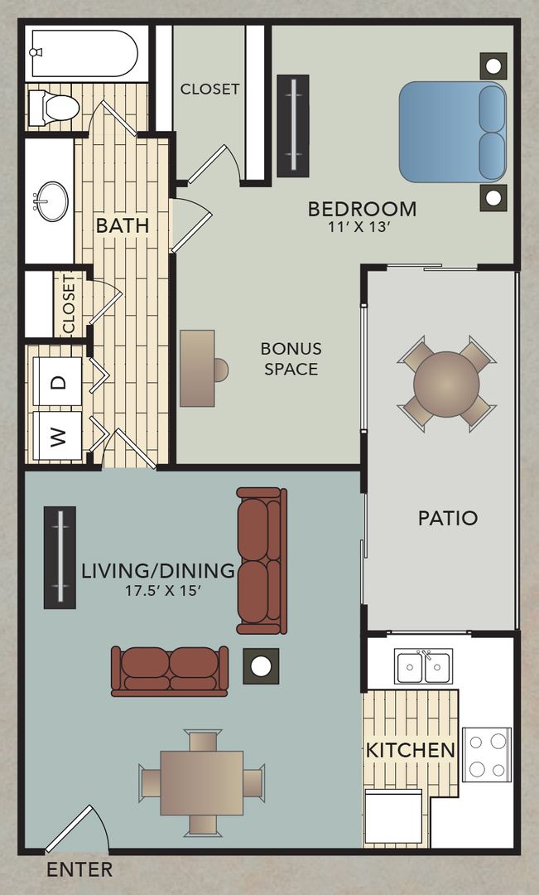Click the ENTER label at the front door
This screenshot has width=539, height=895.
tap(79, 870)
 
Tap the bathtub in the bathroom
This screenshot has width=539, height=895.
tap(83, 54)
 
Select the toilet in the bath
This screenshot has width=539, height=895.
tap(54, 107)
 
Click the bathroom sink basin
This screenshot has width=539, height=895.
tap(52, 201)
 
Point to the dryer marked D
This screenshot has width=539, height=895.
tap(57, 382)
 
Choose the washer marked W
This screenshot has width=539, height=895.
tap(57, 436)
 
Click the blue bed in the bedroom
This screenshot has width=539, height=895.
tap(452, 132)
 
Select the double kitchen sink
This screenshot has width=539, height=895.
tap(423, 666)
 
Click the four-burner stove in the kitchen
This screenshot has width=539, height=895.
tap(486, 753)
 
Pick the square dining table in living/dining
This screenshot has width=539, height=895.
tap(201, 782)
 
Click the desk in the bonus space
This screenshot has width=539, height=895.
tap(197, 369)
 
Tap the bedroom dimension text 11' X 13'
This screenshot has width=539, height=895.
tap(361, 228)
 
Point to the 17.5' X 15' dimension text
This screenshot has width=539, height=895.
tap(162, 590)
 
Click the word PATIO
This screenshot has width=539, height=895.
tap(447, 519)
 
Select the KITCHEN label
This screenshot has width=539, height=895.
tap(411, 751)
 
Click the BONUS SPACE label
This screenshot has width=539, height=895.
tap(291, 358)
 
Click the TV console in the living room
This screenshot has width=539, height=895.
tap(60, 557)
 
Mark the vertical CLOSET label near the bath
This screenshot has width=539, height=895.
tap(68, 304)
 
